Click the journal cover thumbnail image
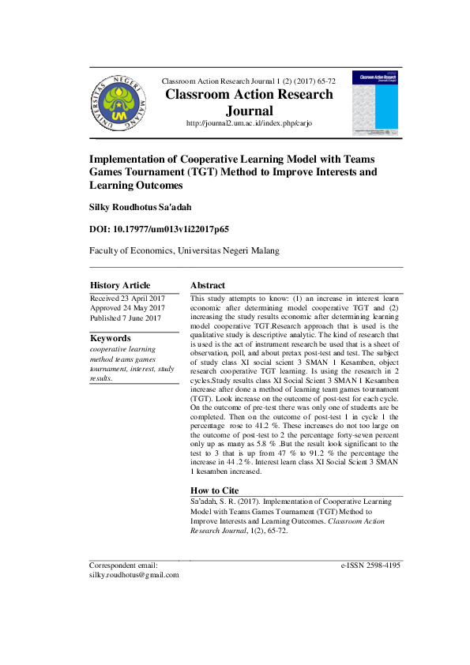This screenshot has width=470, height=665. (375, 102)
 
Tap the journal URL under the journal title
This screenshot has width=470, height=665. (248, 124)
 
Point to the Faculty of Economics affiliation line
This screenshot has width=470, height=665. (184, 250)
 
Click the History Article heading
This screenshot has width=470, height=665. (120, 285)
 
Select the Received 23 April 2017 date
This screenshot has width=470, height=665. (127, 298)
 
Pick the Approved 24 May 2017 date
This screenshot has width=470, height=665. (127, 308)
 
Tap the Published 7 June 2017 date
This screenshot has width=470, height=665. (126, 318)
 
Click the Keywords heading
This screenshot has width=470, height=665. (111, 338)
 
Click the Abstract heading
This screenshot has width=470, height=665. (208, 285)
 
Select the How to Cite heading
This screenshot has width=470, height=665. (216, 490)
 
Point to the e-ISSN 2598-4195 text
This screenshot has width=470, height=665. (370, 565)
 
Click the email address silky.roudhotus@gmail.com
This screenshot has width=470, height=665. (134, 575)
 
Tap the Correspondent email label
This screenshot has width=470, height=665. (123, 565)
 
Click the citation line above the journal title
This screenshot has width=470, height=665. (248, 81)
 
